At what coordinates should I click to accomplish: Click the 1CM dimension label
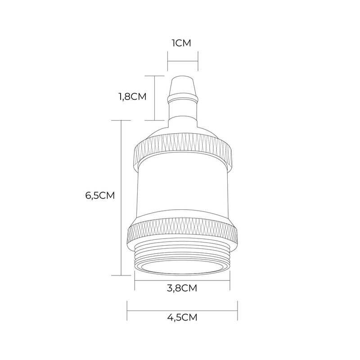[181, 43]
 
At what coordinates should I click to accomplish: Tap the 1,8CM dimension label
[132, 97]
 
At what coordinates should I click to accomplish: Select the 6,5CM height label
[100, 196]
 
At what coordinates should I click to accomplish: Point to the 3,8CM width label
[182, 288]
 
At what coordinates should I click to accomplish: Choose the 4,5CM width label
[182, 318]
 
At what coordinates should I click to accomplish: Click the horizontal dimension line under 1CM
[183, 61]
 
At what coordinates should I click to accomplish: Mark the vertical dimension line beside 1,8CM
[154, 98]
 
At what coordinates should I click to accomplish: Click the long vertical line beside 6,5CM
[121, 198]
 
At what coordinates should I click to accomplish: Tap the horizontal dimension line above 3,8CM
[182, 280]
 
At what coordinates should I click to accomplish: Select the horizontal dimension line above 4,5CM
[182, 310]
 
